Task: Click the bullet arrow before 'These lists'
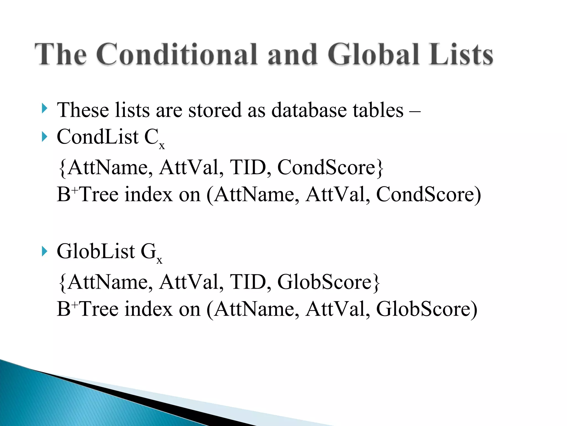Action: coord(44,108)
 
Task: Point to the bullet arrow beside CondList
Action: coord(44,136)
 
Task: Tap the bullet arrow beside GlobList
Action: coord(44,251)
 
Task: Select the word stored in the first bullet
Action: coord(215,110)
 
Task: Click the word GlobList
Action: coord(96,251)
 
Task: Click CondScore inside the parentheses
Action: coord(425,194)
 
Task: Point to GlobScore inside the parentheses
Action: coord(423,309)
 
